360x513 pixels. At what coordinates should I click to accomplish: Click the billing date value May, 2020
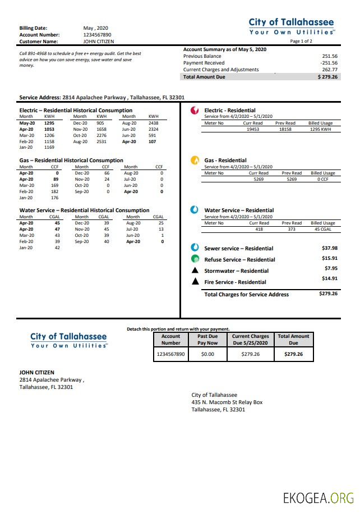pos(95,28)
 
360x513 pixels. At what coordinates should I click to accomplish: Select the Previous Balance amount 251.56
pos(330,56)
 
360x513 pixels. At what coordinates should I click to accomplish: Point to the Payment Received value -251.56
pos(329,63)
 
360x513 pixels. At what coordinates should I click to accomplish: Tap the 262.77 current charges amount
pos(330,70)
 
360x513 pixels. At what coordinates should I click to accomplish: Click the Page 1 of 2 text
pos(302,42)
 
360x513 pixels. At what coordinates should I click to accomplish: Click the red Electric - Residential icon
pos(195,111)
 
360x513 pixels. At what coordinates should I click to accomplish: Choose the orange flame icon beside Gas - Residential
pos(195,161)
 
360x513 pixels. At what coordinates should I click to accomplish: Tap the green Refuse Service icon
pos(195,259)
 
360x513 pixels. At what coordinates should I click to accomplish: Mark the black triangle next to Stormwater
pos(195,271)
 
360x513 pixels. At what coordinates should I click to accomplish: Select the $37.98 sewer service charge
pos(329,248)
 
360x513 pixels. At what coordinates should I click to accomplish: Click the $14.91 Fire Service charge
pos(329,278)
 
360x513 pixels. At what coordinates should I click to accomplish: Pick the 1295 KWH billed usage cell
pos(321,129)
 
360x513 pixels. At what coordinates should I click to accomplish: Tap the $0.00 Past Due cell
pos(207,355)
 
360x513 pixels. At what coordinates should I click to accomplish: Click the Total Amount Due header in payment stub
pos(293,340)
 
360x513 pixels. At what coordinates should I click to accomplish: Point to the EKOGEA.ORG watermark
pos(318,498)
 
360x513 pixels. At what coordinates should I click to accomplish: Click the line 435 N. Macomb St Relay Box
pos(227,402)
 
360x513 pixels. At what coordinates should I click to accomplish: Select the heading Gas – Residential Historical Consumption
pos(71,160)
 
